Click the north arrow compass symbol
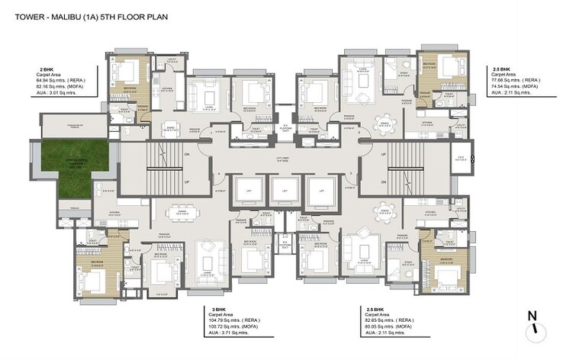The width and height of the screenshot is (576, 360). [536, 322]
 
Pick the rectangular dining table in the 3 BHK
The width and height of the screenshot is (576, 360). [179, 211]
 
